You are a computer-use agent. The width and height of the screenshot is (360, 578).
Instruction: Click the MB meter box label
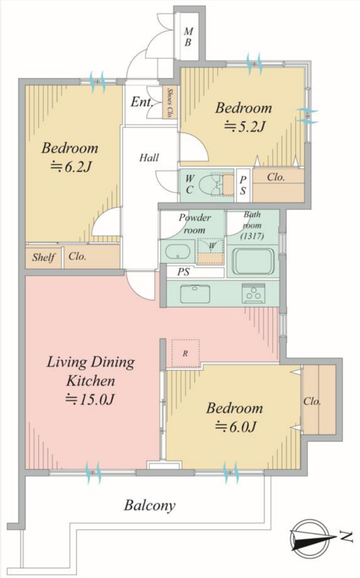coord(188,37)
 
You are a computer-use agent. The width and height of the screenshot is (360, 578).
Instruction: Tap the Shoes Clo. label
coord(170,103)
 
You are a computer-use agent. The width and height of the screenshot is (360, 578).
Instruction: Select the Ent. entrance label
coord(142,102)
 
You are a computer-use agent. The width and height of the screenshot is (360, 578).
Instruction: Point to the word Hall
coord(149,158)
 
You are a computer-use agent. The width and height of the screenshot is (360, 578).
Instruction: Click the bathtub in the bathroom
coord(253,262)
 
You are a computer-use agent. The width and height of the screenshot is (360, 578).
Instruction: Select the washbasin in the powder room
coord(177,252)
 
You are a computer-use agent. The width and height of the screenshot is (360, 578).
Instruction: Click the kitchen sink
coord(195,294)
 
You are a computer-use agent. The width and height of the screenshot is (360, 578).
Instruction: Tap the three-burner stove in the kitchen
coord(254,293)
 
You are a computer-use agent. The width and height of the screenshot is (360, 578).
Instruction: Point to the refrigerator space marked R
coord(185,353)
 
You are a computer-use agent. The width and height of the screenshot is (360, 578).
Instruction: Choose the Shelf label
coord(44,257)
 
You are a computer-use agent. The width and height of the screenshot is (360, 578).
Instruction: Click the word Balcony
coord(150,505)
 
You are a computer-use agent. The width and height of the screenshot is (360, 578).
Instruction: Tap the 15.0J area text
coord(90,399)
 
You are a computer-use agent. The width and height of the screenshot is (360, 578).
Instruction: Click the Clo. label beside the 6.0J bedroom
coord(312,401)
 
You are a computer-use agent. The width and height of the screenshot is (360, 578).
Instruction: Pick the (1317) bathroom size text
coord(252,236)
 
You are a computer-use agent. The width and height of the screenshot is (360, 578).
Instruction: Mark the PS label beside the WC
coord(243,185)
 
